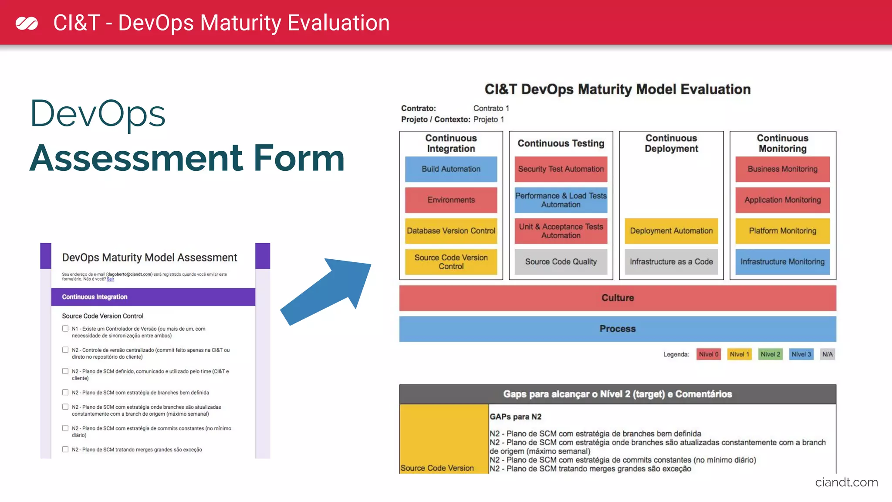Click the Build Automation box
(x=451, y=169)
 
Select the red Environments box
(x=451, y=200)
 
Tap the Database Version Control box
(x=451, y=231)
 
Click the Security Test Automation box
(x=561, y=169)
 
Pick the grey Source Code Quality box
(x=561, y=262)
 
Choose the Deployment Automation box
(x=671, y=231)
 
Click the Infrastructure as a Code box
(x=671, y=262)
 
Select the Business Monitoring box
(x=782, y=169)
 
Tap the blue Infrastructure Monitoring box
(x=782, y=262)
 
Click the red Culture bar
(x=618, y=298)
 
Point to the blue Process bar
(x=618, y=329)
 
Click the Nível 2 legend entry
(x=770, y=354)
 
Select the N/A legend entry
(x=827, y=354)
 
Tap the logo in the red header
(x=27, y=23)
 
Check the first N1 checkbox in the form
(x=65, y=329)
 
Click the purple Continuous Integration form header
(x=153, y=297)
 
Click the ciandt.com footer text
(x=846, y=482)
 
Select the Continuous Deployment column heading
(x=671, y=143)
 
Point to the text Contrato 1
(x=491, y=109)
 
